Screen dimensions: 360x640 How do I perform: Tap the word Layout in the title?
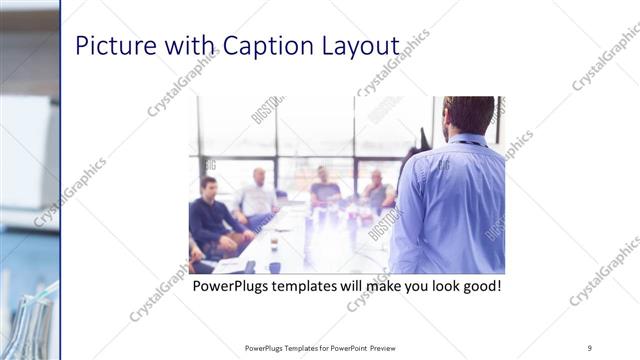tap(362, 46)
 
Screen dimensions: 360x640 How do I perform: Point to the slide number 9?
tap(590, 347)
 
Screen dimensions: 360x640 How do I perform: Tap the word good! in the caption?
tap(477, 287)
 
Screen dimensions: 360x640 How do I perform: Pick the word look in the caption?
tap(432, 287)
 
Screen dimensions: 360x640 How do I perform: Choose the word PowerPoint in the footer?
tap(344, 348)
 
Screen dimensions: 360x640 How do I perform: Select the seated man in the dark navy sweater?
tap(212, 215)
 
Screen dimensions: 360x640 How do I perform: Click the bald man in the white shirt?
tap(257, 195)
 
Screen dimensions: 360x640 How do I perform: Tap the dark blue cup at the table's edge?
tap(275, 267)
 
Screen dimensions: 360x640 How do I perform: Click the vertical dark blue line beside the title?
tap(60, 180)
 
